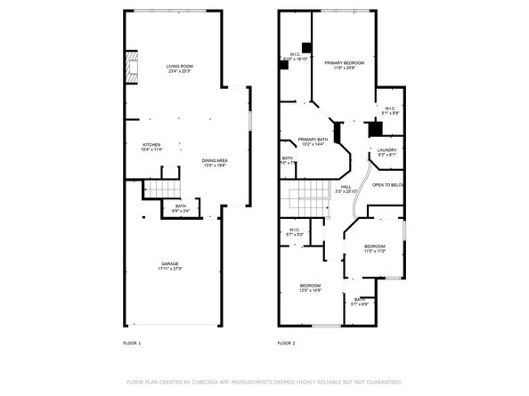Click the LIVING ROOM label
click(x=180, y=66)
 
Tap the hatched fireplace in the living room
click(x=132, y=67)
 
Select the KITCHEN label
click(x=152, y=144)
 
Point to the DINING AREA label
click(x=215, y=159)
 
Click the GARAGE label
click(x=169, y=263)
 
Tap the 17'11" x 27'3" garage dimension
click(x=169, y=269)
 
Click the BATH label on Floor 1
click(x=180, y=206)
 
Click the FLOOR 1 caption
click(x=131, y=343)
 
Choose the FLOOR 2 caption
click(x=286, y=343)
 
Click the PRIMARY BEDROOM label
click(x=344, y=62)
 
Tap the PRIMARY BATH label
click(x=313, y=139)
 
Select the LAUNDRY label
click(x=387, y=150)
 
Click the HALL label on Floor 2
click(x=346, y=186)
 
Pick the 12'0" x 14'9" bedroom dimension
click(x=310, y=290)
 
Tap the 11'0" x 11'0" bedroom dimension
click(x=374, y=251)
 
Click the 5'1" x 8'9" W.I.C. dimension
click(x=390, y=114)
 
